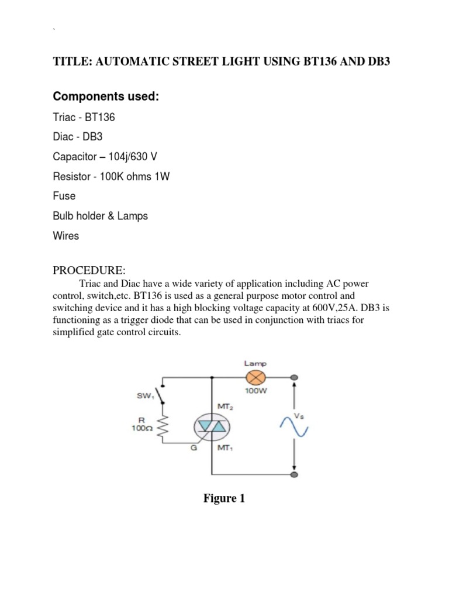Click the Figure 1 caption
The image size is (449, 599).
click(224, 499)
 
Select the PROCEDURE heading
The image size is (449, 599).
click(89, 270)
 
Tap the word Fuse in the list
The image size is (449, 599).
click(64, 196)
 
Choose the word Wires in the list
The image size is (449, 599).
click(66, 236)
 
